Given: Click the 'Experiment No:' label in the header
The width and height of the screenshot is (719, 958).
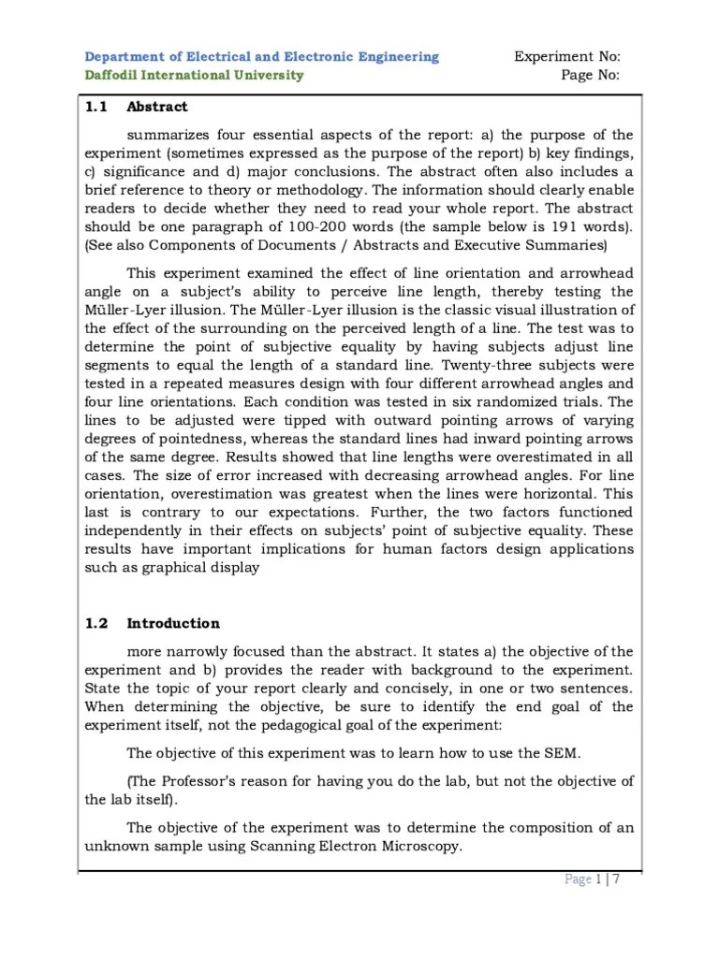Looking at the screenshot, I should click(x=566, y=57).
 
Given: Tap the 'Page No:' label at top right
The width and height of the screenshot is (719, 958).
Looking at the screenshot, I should click(x=590, y=76).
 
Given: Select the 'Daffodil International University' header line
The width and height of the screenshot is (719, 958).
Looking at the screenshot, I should click(x=195, y=76).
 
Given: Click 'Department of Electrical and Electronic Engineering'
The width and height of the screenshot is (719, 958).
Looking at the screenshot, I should click(x=261, y=57).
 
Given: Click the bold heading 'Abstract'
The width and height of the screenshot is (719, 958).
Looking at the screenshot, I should click(x=157, y=107).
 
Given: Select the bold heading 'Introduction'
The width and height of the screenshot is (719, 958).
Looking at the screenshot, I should click(x=173, y=623).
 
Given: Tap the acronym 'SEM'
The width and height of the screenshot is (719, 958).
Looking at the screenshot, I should click(x=548, y=752).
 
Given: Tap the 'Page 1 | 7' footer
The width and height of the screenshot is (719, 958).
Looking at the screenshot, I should click(x=594, y=879).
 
